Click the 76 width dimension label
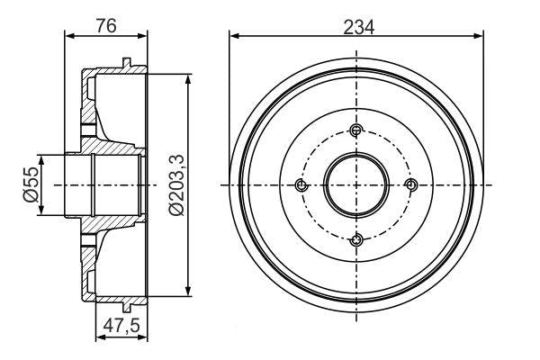pyautogui.click(x=106, y=24)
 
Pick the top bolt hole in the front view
pyautogui.click(x=357, y=131)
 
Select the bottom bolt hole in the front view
pyautogui.click(x=357, y=238)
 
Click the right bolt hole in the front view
pyautogui.click(x=411, y=184)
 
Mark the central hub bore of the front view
pyautogui.click(x=357, y=184)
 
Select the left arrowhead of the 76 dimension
pyautogui.click(x=70, y=36)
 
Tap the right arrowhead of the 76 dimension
pyautogui.click(x=142, y=36)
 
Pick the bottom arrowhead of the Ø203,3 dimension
pyautogui.click(x=188, y=289)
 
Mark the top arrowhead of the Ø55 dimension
pyautogui.click(x=43, y=159)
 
